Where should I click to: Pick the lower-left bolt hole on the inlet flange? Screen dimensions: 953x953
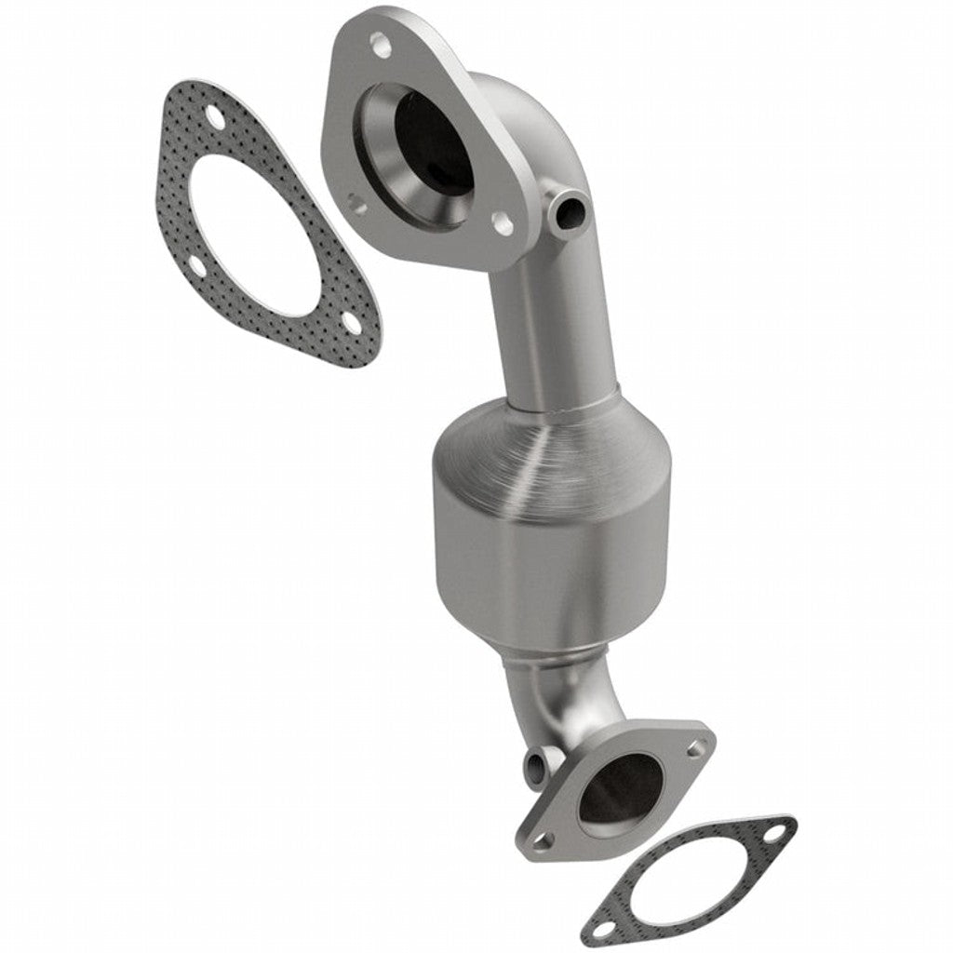tap(356, 198)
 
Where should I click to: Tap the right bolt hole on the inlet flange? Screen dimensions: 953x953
tap(501, 222)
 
